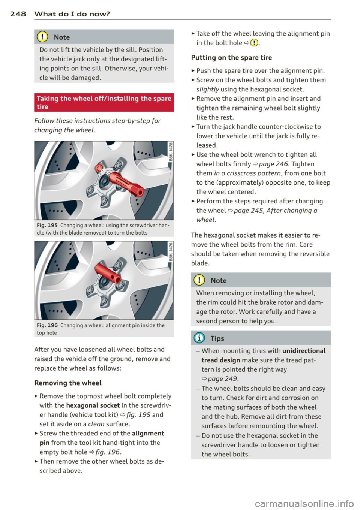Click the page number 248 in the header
(18, 14)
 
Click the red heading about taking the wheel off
(103, 102)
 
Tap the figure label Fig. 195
(47, 225)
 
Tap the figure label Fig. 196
(47, 325)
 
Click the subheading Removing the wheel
(68, 383)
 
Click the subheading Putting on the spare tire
(231, 58)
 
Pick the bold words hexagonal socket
(93, 405)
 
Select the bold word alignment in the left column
(148, 434)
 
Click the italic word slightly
(207, 90)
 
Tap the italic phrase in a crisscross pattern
(247, 173)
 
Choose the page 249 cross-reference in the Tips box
(223, 379)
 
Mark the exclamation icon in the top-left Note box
(42, 37)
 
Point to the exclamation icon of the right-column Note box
(199, 281)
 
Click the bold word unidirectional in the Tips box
(304, 351)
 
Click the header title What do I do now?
(72, 14)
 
